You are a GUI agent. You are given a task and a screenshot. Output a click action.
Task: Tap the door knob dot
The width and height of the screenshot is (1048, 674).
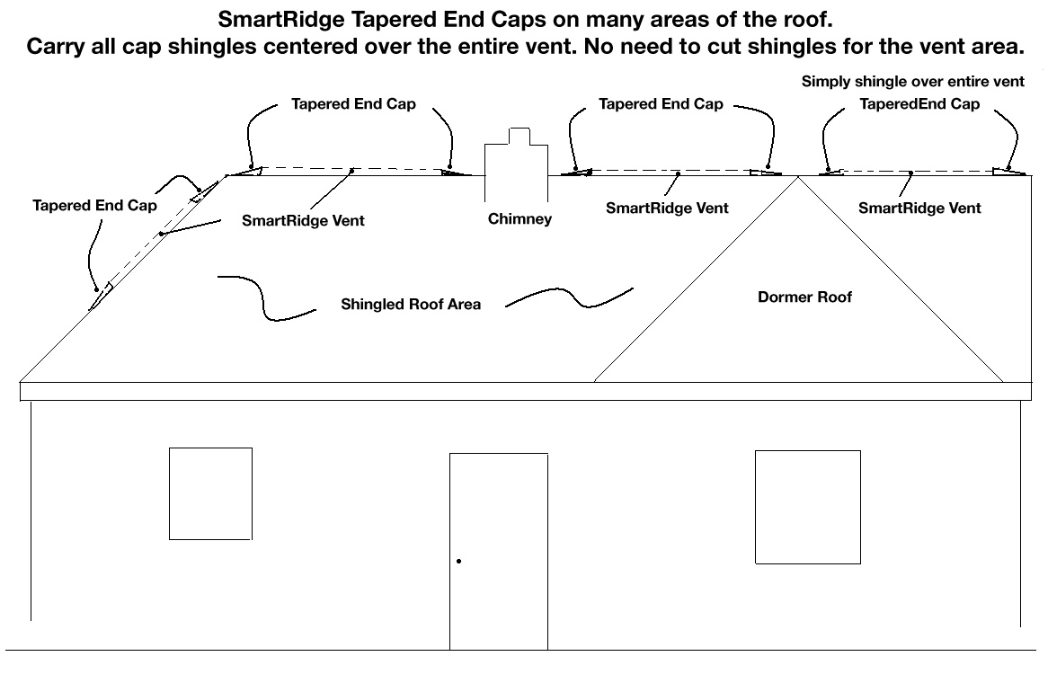point(458,561)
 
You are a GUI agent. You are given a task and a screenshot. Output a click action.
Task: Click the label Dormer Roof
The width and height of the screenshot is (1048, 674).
point(804,297)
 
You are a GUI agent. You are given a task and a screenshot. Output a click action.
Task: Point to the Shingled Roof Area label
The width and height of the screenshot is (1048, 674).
point(411,305)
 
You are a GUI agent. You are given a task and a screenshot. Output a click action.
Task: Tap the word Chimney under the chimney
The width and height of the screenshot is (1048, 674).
point(520,219)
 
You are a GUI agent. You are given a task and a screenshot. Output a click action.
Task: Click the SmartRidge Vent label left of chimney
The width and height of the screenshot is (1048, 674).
point(303,221)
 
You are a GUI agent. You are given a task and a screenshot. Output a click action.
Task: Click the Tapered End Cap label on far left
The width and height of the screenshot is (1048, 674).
point(95,206)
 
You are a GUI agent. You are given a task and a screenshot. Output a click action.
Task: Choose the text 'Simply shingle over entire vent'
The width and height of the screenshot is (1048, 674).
point(912,82)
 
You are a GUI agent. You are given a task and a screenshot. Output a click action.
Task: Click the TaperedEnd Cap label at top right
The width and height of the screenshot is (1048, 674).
point(919,104)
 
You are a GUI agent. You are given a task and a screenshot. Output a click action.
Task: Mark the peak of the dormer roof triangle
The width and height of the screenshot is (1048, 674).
point(798,176)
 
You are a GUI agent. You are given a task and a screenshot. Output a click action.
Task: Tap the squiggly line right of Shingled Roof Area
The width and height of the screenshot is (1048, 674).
point(572,298)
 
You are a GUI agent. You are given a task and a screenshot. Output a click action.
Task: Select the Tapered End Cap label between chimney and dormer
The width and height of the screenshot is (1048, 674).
point(661,104)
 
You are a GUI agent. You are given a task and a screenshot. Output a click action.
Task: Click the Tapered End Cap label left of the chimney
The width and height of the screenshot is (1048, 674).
point(353,104)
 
